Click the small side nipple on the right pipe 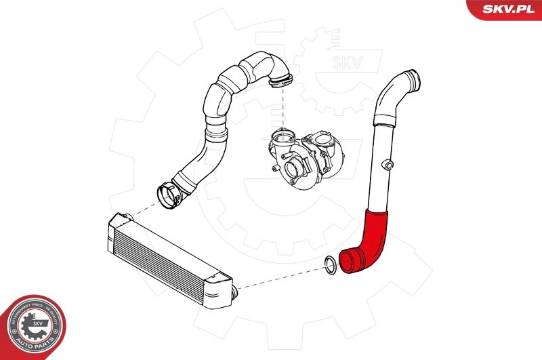388,164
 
